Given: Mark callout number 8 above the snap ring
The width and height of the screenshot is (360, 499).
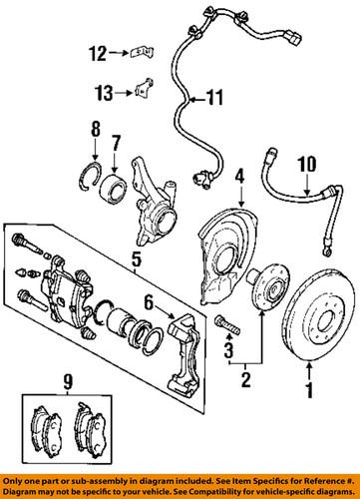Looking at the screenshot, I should tap(95, 128).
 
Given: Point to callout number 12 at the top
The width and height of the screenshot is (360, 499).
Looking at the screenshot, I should tap(98, 53).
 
